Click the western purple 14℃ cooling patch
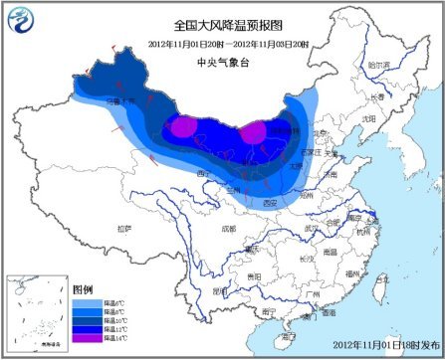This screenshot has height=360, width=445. tap(181, 127)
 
